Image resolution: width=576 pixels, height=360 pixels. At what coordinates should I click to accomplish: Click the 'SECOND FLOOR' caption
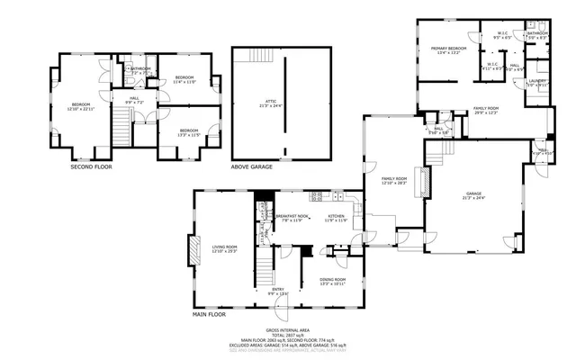[x=92, y=166]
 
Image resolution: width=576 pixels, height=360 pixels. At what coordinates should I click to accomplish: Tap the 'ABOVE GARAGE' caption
[x=253, y=166]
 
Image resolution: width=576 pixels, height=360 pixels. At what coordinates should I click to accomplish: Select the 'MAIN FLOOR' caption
[x=210, y=314]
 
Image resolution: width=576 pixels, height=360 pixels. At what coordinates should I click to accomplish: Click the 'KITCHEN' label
[x=337, y=218]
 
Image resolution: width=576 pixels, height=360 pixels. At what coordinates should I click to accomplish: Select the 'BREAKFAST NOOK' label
[x=293, y=218]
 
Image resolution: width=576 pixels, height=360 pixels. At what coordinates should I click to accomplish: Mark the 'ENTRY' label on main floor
[x=278, y=291]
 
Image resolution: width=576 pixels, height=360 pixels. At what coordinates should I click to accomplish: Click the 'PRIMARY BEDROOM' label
[x=447, y=49]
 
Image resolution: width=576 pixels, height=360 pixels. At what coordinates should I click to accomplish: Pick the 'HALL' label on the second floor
[x=133, y=100]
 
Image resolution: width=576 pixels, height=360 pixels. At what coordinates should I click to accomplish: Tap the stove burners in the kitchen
[x=317, y=196]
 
